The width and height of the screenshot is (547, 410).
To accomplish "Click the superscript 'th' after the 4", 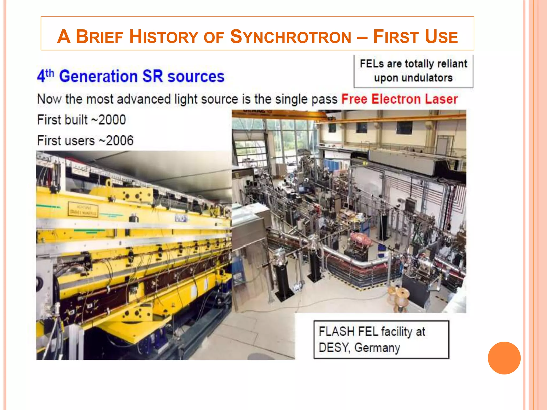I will pos(50,73).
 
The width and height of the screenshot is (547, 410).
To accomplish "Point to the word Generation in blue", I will pos(98,77).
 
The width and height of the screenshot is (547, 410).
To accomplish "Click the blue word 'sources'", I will pos(196,77).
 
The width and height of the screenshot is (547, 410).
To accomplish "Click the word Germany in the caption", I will pos(377,348).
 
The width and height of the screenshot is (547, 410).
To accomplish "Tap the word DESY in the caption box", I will pos(334,348).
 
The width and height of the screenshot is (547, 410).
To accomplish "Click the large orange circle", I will pos(504,358).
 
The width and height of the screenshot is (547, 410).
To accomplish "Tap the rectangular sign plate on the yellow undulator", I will pos(83,210).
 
